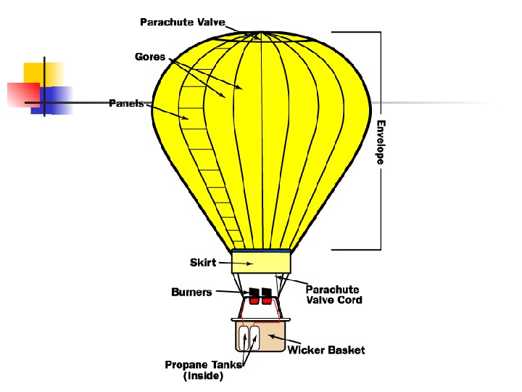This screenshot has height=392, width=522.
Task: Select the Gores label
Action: tap(150, 57)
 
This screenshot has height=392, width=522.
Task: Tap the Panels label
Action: tap(126, 103)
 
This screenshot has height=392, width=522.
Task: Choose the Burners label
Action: tap(191, 292)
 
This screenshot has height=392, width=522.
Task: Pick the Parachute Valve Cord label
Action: tap(333, 295)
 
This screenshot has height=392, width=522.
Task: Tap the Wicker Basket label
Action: tap(326, 351)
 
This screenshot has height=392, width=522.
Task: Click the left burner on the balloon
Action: tap(254, 296)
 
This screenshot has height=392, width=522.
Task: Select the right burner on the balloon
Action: tap(267, 296)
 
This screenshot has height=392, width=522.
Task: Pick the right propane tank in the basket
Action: tap(254, 338)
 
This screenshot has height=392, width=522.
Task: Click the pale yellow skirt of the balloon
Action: tap(261, 261)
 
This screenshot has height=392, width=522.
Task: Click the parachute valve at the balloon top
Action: tap(260, 33)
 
